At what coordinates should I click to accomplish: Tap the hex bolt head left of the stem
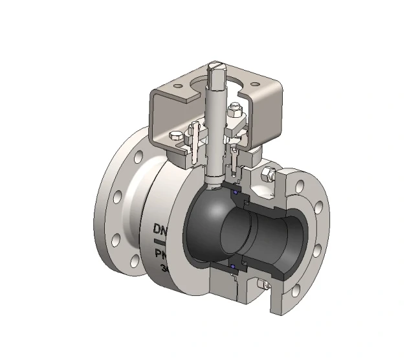175,136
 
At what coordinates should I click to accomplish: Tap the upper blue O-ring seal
236,192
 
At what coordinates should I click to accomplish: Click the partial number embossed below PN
164,267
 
